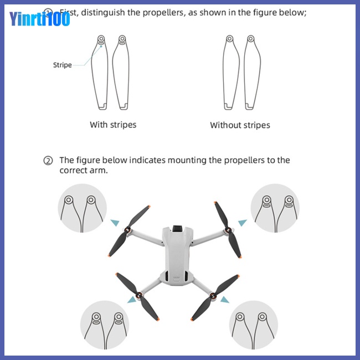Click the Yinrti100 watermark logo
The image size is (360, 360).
click(39, 19)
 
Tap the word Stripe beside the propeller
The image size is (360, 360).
click(62, 65)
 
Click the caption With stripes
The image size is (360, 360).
click(113, 125)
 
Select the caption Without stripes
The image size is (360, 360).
click(240, 125)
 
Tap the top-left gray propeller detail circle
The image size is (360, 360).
click(81, 208)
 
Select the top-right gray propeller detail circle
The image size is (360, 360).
click(275, 208)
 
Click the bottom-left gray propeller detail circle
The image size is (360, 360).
click(104, 324)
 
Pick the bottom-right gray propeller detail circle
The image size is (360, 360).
click(254, 325)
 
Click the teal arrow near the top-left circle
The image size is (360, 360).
click(115, 223)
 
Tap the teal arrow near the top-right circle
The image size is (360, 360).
click(243, 223)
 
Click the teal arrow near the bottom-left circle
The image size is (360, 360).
click(132, 300)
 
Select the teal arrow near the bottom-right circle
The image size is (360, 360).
click(224, 300)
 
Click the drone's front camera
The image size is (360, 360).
click(178, 229)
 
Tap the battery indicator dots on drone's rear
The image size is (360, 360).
click(177, 279)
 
